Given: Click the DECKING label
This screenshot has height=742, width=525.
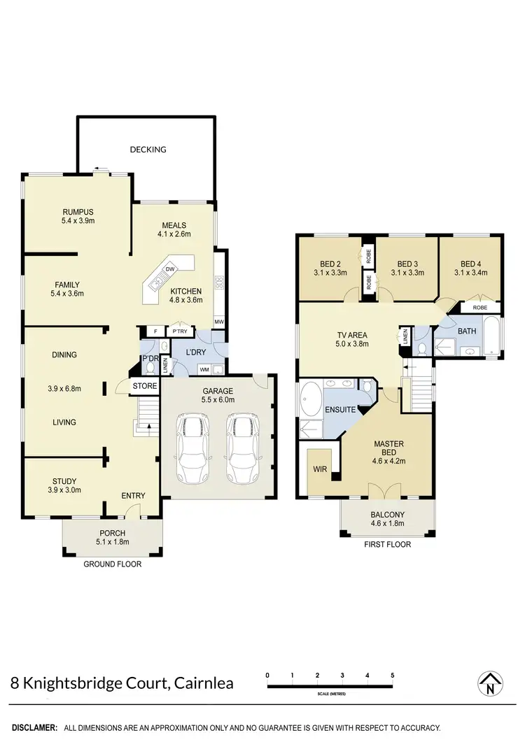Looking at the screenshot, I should [x=148, y=149].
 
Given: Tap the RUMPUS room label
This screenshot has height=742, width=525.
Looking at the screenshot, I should [x=78, y=212].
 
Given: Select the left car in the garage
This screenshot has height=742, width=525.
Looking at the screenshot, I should [x=192, y=448].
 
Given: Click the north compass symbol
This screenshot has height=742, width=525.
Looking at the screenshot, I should [x=490, y=683].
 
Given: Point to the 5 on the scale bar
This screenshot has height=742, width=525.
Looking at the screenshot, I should [x=393, y=675].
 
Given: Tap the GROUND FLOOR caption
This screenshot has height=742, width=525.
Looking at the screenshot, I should [x=112, y=564].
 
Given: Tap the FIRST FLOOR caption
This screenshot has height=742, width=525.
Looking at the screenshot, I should [x=388, y=544].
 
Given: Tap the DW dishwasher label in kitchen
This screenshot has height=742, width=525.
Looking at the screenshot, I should [x=170, y=269].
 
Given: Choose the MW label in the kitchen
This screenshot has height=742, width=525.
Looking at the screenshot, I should [x=218, y=322].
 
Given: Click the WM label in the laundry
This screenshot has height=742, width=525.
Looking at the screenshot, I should [x=205, y=369].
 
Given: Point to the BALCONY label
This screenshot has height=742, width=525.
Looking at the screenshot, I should [x=386, y=515].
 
